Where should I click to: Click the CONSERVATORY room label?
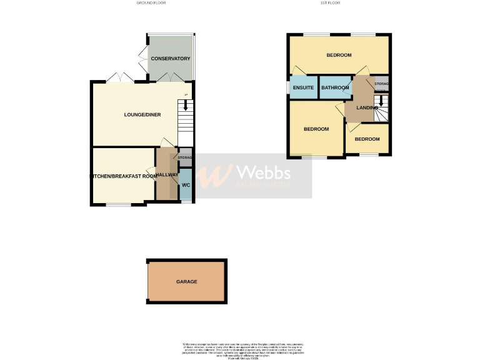click(170, 59)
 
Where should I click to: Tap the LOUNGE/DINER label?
click(142, 114)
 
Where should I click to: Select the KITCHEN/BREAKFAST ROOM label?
click(124, 176)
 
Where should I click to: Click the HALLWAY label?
click(167, 174)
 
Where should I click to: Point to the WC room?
click(186, 186)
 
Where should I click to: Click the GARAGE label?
click(186, 282)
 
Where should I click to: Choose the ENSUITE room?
click(303, 88)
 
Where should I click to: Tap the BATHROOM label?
click(335, 88)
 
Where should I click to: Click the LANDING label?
click(367, 108)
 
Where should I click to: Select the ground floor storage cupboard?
click(185, 157)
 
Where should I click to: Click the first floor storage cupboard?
click(381, 84)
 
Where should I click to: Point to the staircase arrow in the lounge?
click(184, 106)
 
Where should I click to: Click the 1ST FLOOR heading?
click(330, 3)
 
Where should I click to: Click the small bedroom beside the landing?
click(367, 139)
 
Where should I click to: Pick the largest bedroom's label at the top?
click(339, 56)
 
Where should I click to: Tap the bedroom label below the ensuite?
click(316, 129)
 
